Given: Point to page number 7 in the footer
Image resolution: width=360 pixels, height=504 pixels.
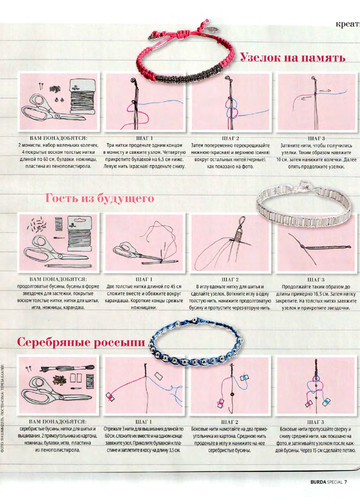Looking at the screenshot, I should (343, 483).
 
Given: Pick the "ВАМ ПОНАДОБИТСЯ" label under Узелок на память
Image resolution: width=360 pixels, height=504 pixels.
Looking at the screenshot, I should (64, 138).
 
